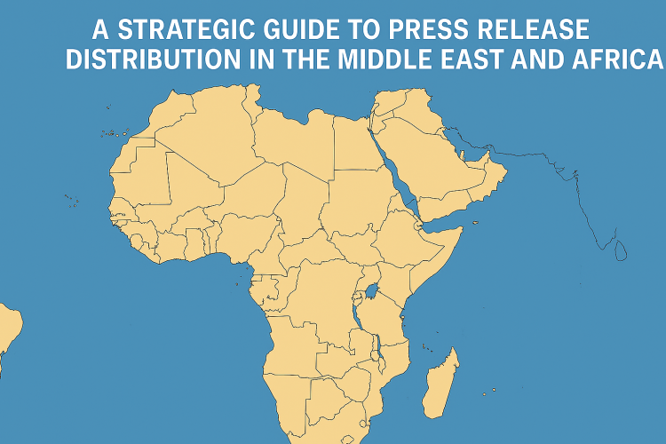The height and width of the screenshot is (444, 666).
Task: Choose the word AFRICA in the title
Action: pyautogui.click(x=622, y=59)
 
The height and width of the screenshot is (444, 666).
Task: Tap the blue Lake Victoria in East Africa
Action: pyautogui.click(x=371, y=291)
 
